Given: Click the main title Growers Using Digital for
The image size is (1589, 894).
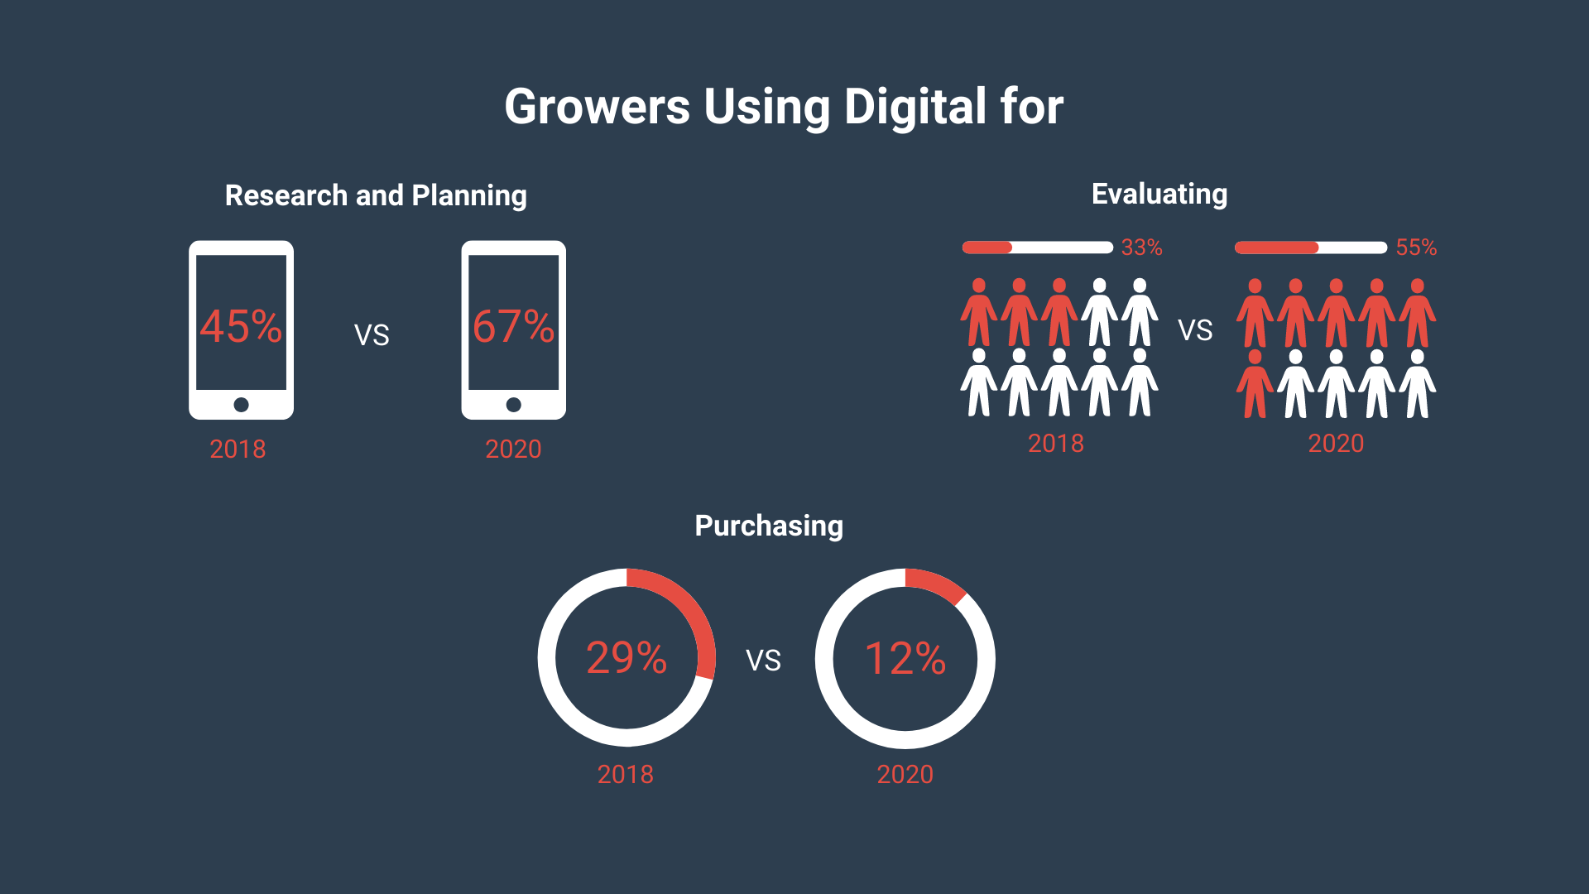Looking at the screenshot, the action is click(x=784, y=107).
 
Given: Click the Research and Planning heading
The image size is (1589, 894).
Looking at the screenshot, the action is click(x=376, y=195).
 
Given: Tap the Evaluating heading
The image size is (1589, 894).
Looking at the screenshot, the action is click(x=1159, y=194).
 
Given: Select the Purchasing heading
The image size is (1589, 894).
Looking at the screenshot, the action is click(x=769, y=526).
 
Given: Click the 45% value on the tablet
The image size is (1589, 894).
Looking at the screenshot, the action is click(x=241, y=326).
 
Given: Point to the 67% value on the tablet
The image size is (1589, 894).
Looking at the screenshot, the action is click(x=513, y=326).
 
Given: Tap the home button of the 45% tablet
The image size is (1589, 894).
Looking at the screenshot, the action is click(x=241, y=405).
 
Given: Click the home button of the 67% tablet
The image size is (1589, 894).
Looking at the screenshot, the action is click(x=513, y=405).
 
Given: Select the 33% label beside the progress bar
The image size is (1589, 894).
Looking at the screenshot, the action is click(x=1141, y=248).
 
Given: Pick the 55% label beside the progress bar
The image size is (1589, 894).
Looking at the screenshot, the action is click(x=1416, y=248).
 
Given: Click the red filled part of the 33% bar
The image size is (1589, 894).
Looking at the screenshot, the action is click(x=987, y=248).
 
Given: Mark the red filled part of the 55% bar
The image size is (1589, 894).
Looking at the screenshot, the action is click(x=1276, y=248).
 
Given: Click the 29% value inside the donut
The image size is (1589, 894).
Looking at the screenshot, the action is click(x=626, y=658).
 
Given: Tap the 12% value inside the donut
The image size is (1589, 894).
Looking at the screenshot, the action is click(x=905, y=658).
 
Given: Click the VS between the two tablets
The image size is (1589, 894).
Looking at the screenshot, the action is click(x=372, y=335).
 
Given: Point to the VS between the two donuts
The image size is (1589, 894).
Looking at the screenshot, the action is click(x=763, y=661).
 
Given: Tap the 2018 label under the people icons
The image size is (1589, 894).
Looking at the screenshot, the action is click(x=1056, y=444).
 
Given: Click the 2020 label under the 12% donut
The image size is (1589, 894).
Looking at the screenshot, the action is click(x=905, y=775).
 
